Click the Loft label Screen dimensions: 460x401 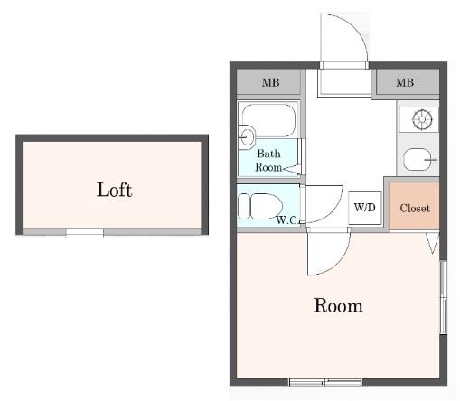point(114,190)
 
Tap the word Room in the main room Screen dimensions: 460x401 point(338,305)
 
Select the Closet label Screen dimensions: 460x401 point(415,208)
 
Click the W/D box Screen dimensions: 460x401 point(365,208)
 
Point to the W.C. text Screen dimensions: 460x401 point(286,220)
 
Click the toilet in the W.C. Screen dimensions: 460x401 point(260,206)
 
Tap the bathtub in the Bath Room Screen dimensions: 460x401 point(268,120)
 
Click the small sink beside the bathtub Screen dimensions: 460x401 point(247,137)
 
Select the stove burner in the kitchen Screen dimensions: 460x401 point(422,119)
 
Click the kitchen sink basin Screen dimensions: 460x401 point(418,159)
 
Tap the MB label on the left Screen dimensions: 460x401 point(270,82)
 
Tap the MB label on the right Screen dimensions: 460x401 point(405,82)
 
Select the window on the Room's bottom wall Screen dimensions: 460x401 point(325,382)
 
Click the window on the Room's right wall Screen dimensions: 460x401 point(444,297)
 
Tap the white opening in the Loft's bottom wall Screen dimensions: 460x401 point(85,232)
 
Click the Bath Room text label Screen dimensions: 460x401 point(268,160)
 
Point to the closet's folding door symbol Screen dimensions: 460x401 point(433,243)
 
